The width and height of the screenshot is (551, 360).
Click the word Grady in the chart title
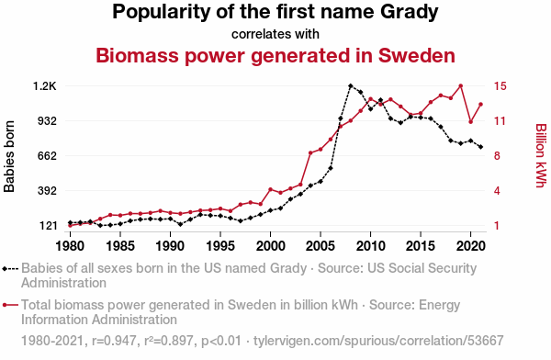coord(410,13)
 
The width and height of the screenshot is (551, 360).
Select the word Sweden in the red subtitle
coord(417,55)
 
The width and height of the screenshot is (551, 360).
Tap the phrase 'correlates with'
coord(275,34)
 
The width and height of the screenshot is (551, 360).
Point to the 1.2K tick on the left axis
coord(45,86)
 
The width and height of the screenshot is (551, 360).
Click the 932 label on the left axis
coord(48,121)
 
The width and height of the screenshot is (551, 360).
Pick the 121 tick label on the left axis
coord(48,226)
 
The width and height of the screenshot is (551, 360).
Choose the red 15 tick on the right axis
coord(500,86)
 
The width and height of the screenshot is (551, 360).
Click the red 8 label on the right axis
coord(497,156)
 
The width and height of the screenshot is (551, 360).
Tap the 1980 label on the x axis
coord(70,246)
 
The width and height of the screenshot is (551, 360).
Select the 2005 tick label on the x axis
coord(320,246)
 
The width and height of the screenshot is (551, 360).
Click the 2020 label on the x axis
coord(470,246)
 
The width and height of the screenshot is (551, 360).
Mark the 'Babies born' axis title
coord(9,156)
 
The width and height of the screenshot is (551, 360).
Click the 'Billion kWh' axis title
coord(541,155)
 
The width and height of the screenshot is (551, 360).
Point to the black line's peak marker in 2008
coord(351,85)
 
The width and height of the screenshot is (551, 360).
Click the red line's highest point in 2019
coord(461,85)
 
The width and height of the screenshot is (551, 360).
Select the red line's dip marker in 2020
coord(470,121)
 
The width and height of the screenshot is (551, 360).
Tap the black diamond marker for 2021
coord(480,147)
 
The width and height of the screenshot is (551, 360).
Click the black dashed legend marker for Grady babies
coord(10,269)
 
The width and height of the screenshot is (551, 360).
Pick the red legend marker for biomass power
coord(10,305)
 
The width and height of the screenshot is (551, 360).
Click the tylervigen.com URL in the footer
coord(378,341)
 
